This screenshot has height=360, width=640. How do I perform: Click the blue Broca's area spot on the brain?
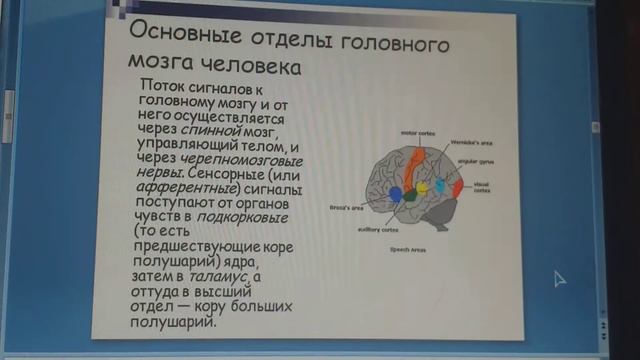(x=396, y=194)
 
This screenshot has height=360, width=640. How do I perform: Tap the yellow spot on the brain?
(x=422, y=187)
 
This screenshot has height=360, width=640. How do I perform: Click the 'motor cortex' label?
(x=390, y=132)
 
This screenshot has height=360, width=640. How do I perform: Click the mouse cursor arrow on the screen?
(x=559, y=278)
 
